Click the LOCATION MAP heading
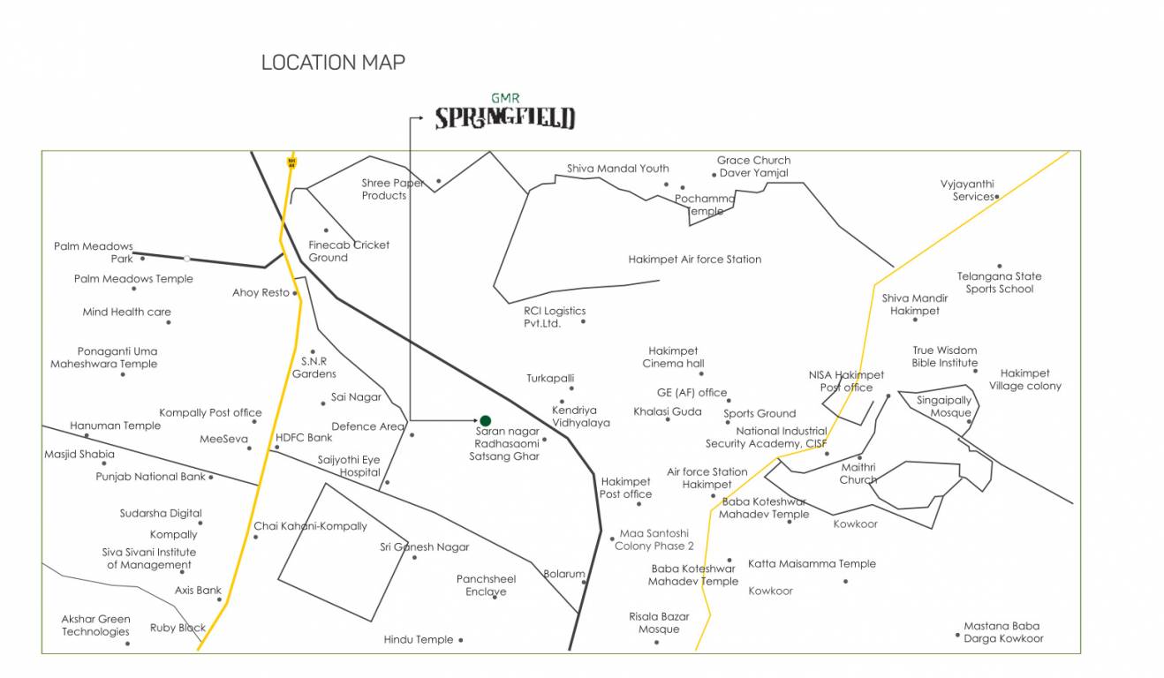point(333,63)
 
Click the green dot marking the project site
point(485,420)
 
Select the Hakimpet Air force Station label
point(694,260)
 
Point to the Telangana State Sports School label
point(999,282)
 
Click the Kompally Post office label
point(210,412)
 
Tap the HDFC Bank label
point(304,438)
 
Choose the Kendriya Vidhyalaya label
point(580,417)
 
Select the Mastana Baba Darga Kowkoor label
point(1003,632)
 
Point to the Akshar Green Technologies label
point(95,625)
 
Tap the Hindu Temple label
point(419,640)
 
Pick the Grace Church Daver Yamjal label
point(753,167)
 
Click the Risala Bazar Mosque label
point(659,622)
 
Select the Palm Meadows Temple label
point(133,279)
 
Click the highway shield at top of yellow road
point(291,162)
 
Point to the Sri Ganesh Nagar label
point(425,547)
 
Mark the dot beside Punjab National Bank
point(211,478)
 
